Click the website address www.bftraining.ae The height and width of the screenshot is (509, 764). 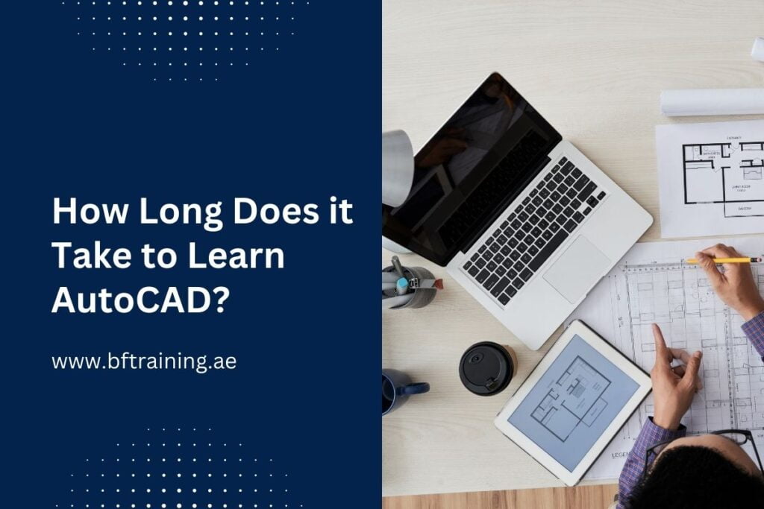coord(144,362)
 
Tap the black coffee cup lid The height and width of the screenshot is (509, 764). coord(486,367)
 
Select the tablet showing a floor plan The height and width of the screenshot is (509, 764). coord(572,398)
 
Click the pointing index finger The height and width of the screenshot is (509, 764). coord(661,341)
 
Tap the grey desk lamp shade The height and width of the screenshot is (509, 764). coord(396,168)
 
